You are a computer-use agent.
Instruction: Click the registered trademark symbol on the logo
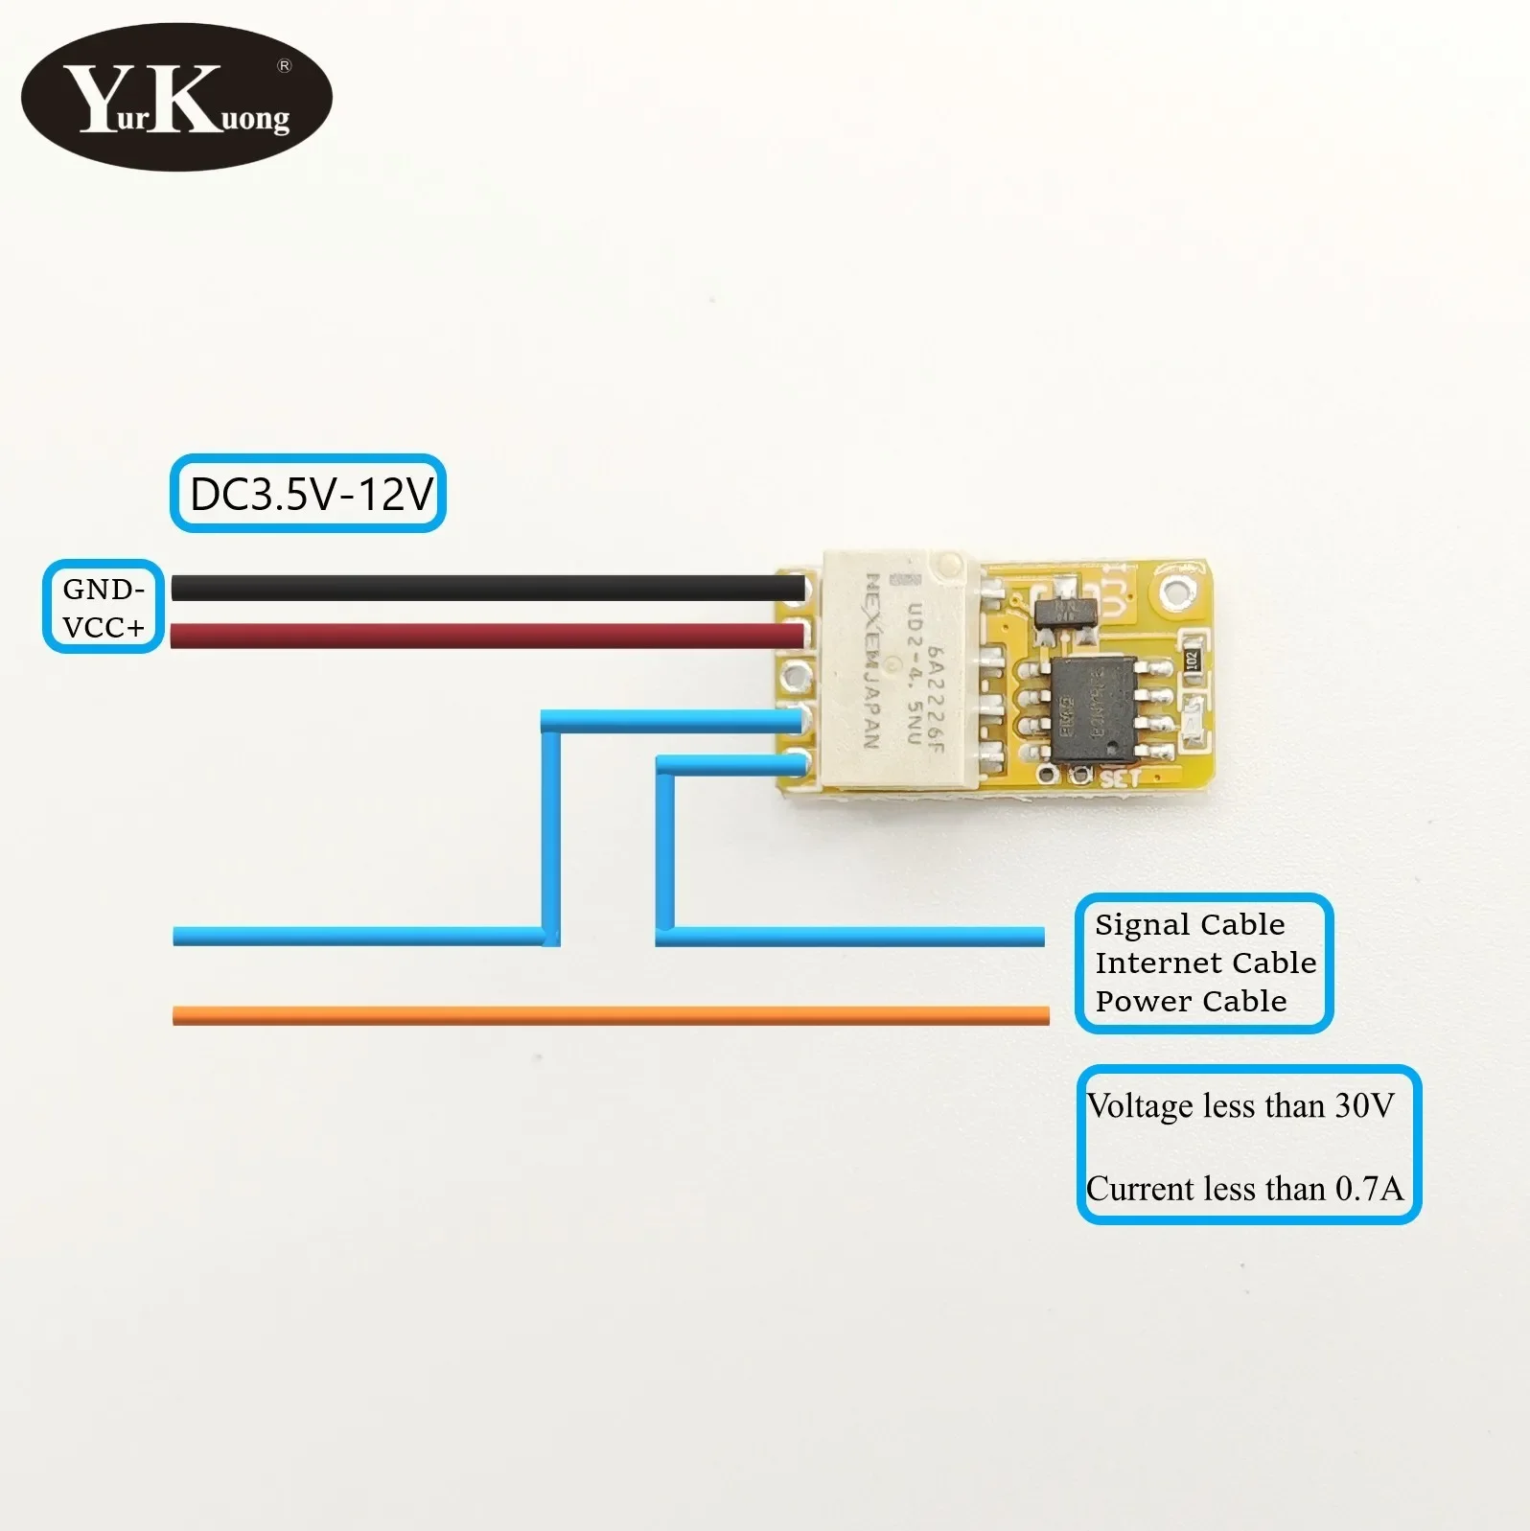pos(284,66)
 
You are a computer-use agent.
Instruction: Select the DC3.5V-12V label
pos(309,494)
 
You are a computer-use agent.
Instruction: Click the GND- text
pos(104,589)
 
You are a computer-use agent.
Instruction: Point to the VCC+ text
pos(104,627)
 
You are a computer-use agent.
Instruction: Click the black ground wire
pos(479,588)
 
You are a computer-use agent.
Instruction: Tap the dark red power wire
pos(479,635)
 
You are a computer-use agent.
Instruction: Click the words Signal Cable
pos(1190,924)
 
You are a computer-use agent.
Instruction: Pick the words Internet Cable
pos(1205,963)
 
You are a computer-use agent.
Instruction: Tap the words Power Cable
pos(1191,1001)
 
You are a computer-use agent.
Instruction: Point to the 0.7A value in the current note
pos(1369,1189)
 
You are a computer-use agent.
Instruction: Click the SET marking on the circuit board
pos(1120,777)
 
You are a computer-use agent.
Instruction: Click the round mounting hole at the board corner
pos(1178,592)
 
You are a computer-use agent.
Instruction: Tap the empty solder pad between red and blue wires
pos(796,676)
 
